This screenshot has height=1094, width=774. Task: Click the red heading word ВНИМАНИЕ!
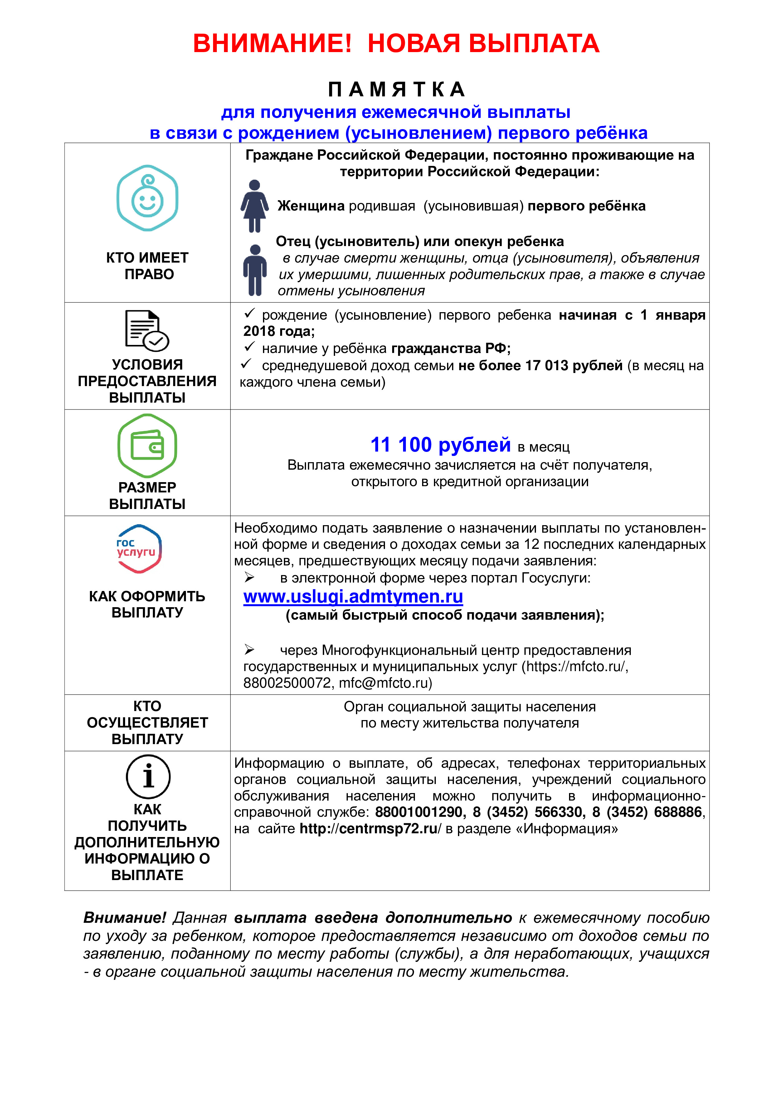[272, 44]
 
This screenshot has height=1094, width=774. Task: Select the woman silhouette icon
[255, 206]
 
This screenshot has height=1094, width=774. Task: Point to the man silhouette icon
[255, 270]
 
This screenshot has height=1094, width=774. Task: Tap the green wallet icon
[147, 446]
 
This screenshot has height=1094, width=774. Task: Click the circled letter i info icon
[148, 776]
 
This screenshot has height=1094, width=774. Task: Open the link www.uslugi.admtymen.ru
[353, 597]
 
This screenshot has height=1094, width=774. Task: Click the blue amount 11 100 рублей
[441, 445]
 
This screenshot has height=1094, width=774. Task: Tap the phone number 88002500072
[287, 683]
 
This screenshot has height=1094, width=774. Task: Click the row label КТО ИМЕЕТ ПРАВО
[148, 266]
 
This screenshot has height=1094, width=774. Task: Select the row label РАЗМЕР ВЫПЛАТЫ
[147, 496]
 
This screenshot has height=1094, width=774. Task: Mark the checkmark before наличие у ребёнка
[249, 347]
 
